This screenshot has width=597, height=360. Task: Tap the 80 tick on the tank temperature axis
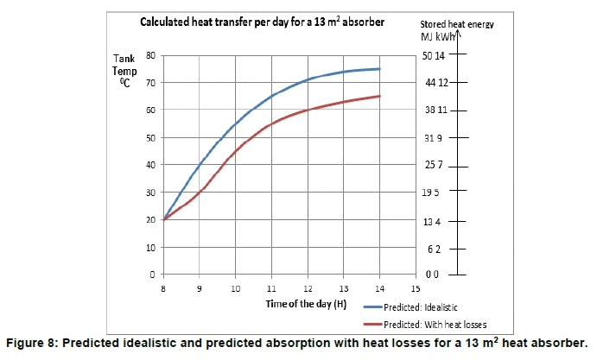(x=149, y=55)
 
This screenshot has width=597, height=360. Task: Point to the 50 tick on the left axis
(x=149, y=137)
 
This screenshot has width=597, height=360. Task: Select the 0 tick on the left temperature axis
(x=152, y=275)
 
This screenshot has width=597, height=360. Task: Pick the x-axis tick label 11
(x=271, y=289)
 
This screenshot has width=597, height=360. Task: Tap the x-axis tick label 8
(x=163, y=289)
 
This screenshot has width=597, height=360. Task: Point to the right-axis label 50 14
(x=433, y=55)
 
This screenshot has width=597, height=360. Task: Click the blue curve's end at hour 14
(x=379, y=69)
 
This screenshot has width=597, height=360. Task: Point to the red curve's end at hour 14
(x=379, y=96)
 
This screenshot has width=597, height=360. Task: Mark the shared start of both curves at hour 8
(x=163, y=219)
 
